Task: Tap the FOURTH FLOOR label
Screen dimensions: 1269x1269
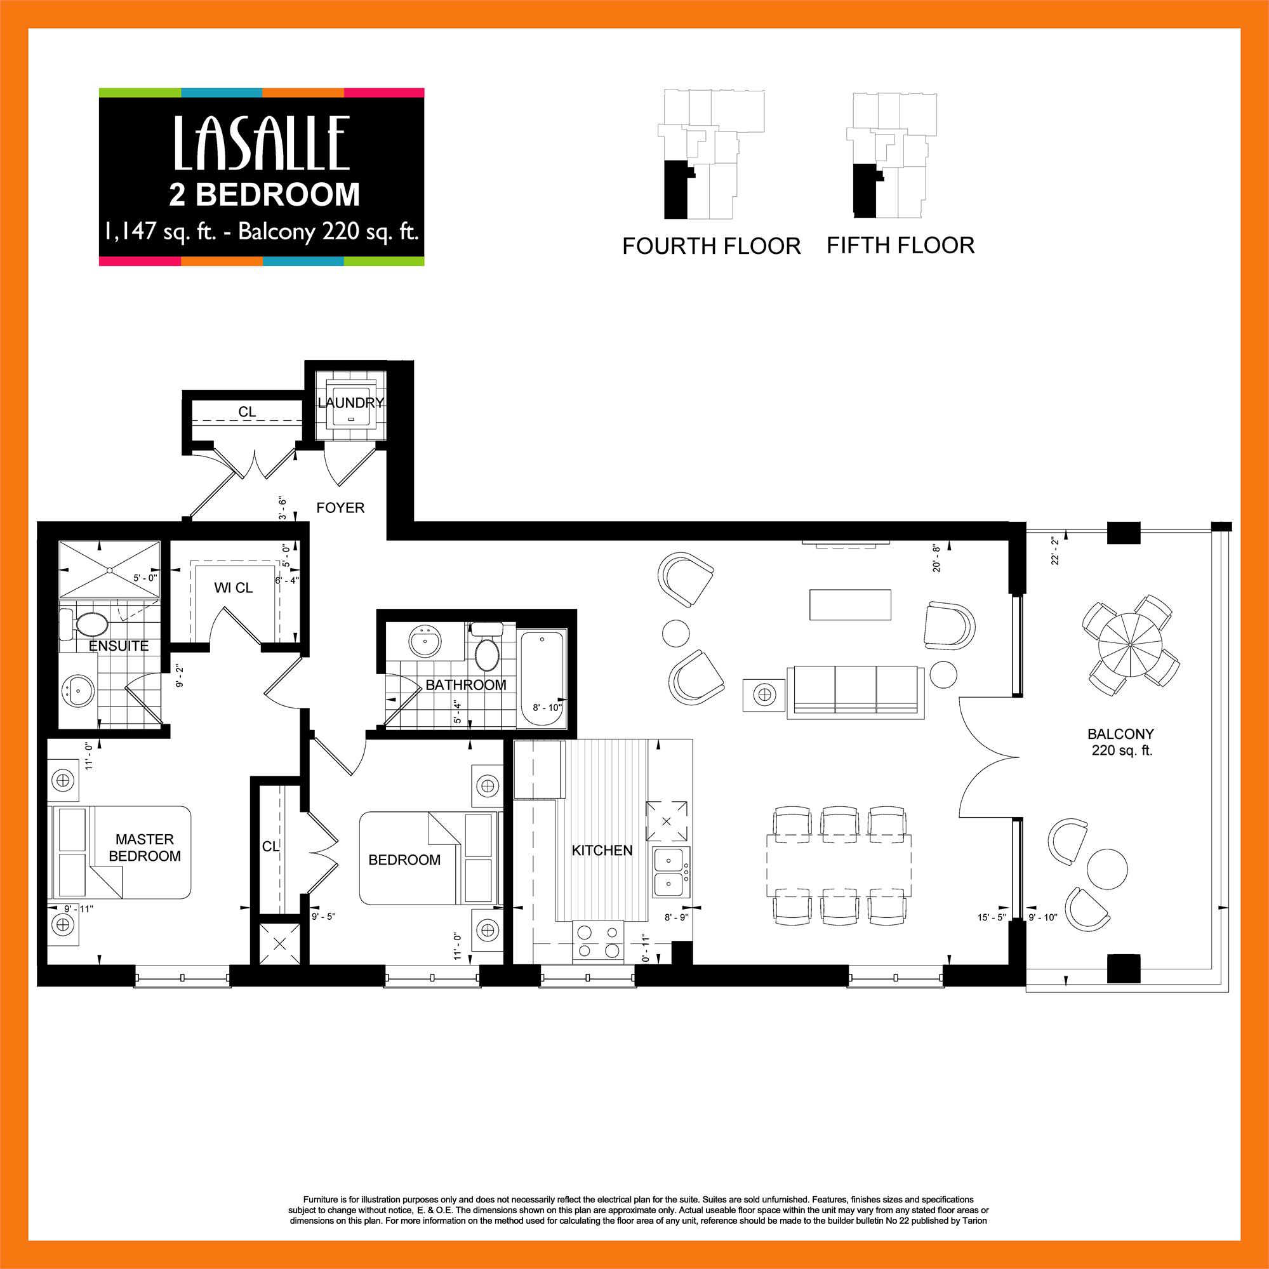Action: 712,246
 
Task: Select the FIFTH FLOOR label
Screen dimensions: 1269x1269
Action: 900,246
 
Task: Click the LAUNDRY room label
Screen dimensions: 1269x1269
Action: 350,402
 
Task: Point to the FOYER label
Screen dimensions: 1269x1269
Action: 340,508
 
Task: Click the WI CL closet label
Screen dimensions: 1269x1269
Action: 233,588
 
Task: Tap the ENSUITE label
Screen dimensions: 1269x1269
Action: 119,646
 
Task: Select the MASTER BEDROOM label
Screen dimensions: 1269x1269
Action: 145,847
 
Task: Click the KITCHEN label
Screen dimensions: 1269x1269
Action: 602,851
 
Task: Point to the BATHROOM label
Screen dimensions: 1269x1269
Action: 466,685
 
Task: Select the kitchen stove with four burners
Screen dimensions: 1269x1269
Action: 598,941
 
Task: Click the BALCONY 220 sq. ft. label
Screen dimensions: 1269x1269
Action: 1120,742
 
